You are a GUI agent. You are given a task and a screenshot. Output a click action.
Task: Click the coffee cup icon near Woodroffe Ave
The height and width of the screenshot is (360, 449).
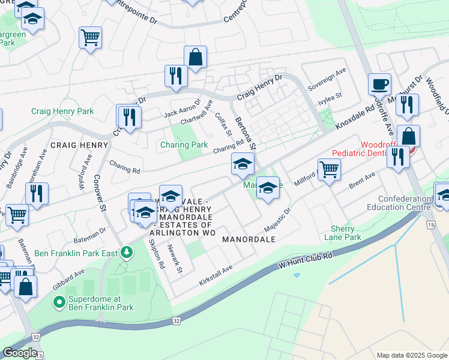coord(379,84)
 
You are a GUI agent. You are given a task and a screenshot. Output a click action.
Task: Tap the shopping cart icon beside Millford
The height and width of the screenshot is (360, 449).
coord(329,169)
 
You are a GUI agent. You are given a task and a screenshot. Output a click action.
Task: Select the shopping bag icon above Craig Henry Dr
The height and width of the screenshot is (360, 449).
coord(195,58)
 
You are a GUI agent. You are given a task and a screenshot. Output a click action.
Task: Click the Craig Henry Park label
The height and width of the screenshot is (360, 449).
coord(62,111)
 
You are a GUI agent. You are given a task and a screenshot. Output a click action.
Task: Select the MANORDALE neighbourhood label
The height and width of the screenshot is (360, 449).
coord(249,239)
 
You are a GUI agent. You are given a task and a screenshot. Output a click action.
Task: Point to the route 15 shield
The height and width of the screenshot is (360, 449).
coord(430,224)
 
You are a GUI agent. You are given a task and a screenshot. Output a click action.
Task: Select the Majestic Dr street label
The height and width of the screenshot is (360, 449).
coord(277,220)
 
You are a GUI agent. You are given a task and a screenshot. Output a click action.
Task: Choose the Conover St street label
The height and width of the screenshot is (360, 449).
coord(100,192)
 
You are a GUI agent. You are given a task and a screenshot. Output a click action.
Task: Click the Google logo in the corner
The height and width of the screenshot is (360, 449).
coord(19,353)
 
